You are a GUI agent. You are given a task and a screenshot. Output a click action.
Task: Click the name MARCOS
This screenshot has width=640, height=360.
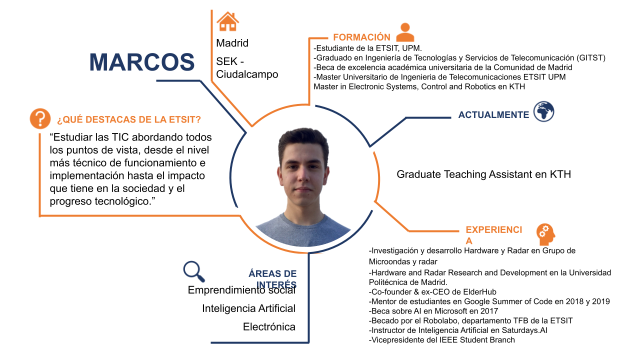click(141, 62)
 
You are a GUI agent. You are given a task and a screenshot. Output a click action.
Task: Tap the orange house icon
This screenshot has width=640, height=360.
click(227, 21)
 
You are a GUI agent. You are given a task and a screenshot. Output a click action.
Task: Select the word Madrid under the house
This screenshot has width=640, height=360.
click(232, 43)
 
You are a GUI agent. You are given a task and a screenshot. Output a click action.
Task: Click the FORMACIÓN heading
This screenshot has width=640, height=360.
click(361, 37)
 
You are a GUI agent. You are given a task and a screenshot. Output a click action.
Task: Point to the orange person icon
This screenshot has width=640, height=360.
click(405, 32)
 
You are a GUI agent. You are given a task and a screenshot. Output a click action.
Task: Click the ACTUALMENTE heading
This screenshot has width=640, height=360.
click(493, 115)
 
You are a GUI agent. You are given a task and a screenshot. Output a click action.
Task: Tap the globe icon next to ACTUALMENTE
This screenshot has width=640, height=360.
click(543, 111)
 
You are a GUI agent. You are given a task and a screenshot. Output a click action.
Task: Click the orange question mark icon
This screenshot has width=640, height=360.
click(40, 118)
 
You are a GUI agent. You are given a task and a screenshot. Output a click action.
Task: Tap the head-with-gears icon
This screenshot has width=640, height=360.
click(545, 234)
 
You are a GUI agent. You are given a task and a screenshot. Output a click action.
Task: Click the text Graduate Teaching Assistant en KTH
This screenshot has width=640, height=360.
click(483, 174)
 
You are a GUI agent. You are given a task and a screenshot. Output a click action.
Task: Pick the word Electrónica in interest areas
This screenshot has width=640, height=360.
click(269, 327)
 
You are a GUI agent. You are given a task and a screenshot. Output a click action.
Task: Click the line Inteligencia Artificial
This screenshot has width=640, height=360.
click(248, 308)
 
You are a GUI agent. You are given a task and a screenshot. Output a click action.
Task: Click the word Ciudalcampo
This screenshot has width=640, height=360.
click(247, 74)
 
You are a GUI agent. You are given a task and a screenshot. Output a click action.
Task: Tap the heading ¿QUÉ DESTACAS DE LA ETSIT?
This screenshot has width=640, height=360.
click(129, 119)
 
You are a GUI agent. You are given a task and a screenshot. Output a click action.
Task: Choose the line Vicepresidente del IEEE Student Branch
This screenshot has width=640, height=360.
click(441, 340)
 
